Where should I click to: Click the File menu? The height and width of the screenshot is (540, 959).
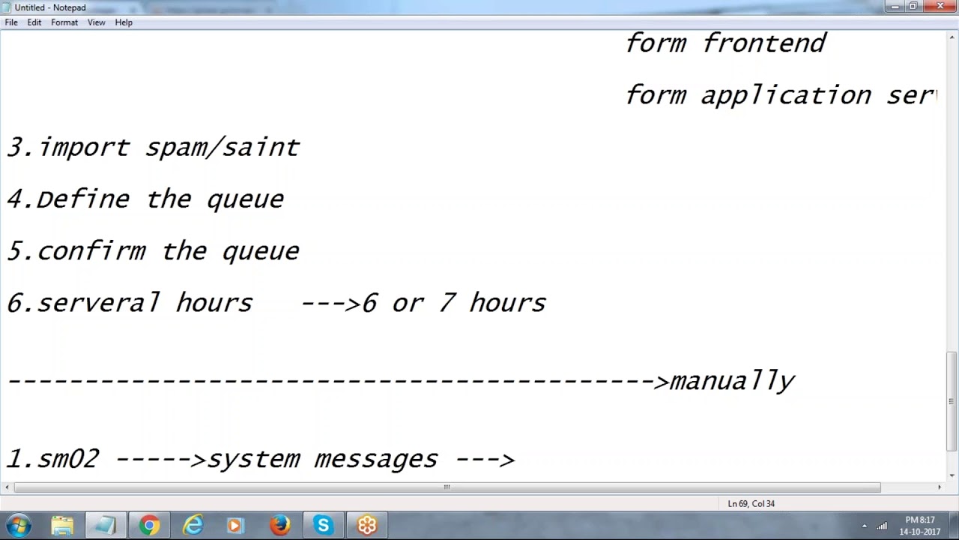pyautogui.click(x=11, y=22)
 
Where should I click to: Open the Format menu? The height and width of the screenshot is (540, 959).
pyautogui.click(x=64, y=22)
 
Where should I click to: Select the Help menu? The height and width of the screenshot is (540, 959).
pyautogui.click(x=124, y=22)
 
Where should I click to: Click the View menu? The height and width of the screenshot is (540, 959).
pyautogui.click(x=96, y=22)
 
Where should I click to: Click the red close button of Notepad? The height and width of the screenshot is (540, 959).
pyautogui.click(x=940, y=7)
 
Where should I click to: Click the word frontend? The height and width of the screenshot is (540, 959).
pyautogui.click(x=764, y=43)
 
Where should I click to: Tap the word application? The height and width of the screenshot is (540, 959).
pyautogui.click(x=786, y=96)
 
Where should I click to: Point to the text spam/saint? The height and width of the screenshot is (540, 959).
pyautogui.click(x=223, y=148)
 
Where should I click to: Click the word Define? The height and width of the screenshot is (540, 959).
pyautogui.click(x=82, y=199)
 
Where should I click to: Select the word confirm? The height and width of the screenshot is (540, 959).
pyautogui.click(x=91, y=251)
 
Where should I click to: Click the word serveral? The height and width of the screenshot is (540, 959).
pyautogui.click(x=98, y=303)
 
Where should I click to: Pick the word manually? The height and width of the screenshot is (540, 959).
pyautogui.click(x=732, y=382)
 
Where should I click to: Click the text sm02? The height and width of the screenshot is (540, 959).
pyautogui.click(x=67, y=459)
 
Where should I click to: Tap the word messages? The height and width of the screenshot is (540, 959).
pyautogui.click(x=375, y=459)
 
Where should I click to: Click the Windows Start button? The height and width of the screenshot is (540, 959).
pyautogui.click(x=18, y=525)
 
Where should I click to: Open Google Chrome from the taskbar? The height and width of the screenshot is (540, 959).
pyautogui.click(x=149, y=525)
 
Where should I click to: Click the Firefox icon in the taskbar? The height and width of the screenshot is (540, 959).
pyautogui.click(x=280, y=525)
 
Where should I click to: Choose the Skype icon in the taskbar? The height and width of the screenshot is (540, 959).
pyautogui.click(x=324, y=525)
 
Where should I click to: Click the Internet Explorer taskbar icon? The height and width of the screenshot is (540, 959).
pyautogui.click(x=193, y=525)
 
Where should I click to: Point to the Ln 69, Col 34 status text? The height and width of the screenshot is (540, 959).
pyautogui.click(x=751, y=504)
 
